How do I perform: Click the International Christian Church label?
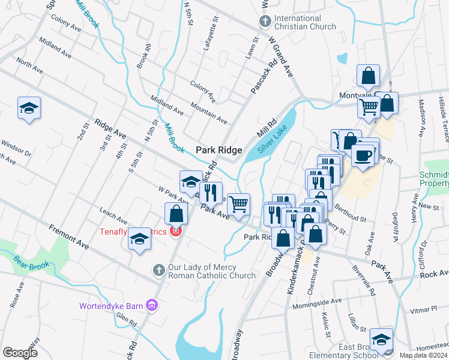click(x=306, y=22)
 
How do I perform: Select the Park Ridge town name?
click(x=219, y=150)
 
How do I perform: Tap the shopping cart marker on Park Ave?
click(x=239, y=204)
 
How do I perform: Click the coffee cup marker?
click(x=363, y=155)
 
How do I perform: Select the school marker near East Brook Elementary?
click(x=381, y=339)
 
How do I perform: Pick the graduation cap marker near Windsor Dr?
click(x=29, y=108)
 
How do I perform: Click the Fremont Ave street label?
click(x=69, y=238)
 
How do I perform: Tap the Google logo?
click(x=20, y=352)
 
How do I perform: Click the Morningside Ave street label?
click(x=316, y=304)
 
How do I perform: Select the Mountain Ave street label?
click(x=208, y=113)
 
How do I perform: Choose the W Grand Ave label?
click(x=281, y=57)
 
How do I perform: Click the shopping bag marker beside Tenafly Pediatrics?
click(x=176, y=214)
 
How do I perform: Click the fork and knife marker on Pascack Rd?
click(x=210, y=192)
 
